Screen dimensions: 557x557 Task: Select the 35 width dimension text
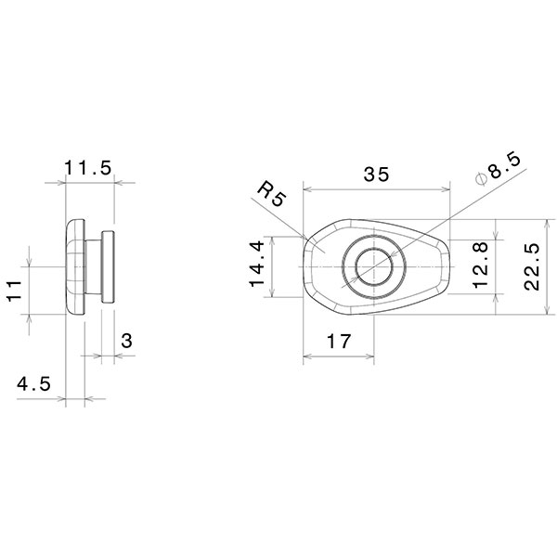pos(377,174)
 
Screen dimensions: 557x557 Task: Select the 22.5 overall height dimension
pos(531,266)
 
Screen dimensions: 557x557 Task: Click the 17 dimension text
pos(339,342)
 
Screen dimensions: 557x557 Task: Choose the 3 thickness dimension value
pos(126,342)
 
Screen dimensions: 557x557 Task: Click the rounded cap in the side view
pos(74,267)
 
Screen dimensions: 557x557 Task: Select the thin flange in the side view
pos(108,267)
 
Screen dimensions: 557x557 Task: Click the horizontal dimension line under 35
pos(377,188)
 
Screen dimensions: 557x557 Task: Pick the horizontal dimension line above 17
pos(339,356)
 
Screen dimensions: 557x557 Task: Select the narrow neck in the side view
pos(93,267)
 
